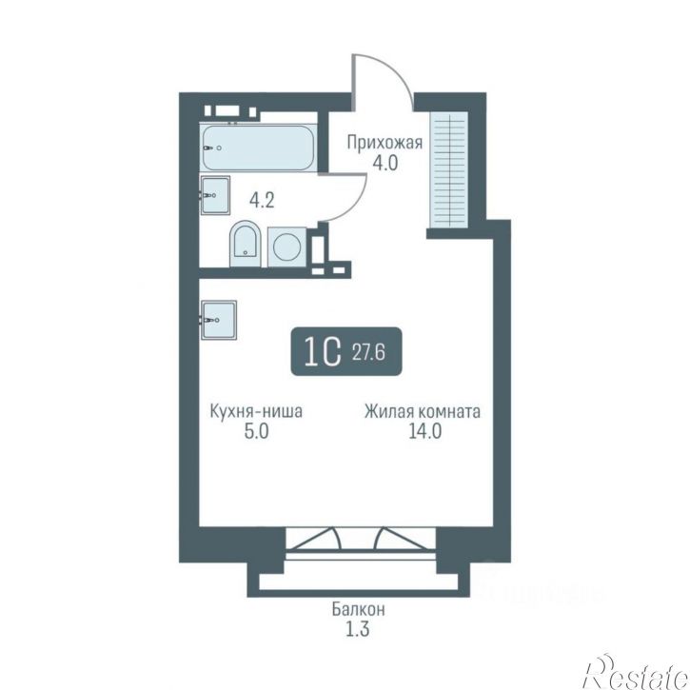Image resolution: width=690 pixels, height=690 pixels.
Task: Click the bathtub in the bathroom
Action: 258,148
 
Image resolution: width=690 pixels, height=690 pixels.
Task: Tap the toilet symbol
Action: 246,244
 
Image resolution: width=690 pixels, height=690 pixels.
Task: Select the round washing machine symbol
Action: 286,246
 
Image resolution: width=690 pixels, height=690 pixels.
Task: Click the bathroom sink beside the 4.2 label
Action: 215,195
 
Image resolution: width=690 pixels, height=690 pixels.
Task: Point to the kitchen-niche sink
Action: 219,320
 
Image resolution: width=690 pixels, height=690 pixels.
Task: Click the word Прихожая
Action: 384,143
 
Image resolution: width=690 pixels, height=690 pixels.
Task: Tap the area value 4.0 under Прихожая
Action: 385,164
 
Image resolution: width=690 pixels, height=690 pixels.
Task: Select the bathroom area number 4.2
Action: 262,200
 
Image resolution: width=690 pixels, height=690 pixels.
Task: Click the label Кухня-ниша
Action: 256,411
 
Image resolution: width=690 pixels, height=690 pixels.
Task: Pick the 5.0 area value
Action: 256,432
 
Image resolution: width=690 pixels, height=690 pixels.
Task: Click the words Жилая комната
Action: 423,412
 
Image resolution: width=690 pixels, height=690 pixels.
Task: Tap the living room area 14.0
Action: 425,432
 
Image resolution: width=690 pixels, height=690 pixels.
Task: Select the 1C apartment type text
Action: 323,352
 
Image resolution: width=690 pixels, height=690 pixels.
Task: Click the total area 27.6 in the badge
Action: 368,352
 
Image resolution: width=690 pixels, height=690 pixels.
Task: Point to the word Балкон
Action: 358,610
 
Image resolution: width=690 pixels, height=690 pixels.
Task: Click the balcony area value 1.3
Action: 357,630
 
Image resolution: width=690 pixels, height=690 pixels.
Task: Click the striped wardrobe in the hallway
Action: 450,169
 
